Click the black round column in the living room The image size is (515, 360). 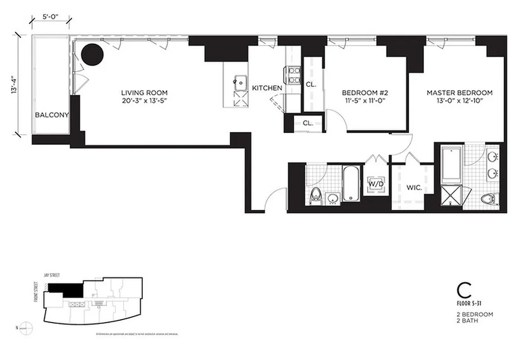point(93,54)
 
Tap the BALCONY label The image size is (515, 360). point(52,115)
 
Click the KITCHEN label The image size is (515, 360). point(267,88)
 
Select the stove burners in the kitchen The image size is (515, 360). point(294,75)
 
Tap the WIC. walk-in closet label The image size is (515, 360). point(414,188)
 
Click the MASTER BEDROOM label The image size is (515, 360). point(459,93)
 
